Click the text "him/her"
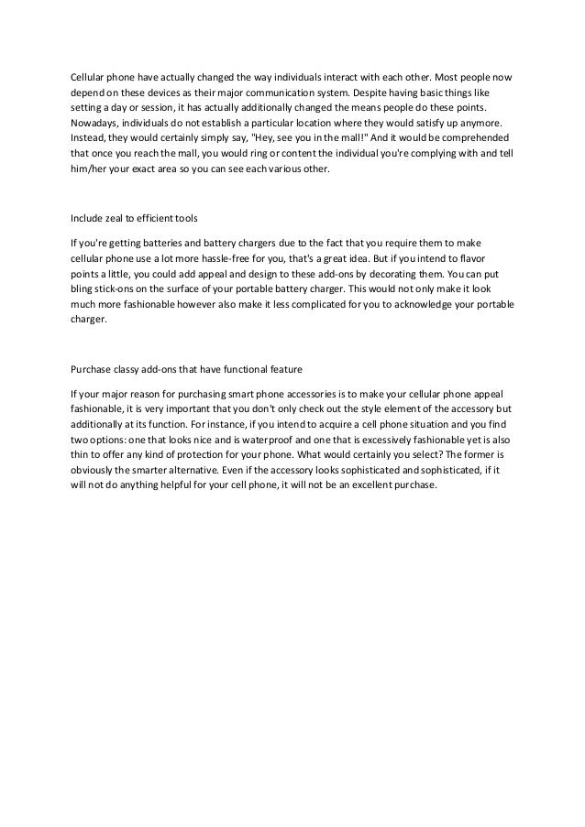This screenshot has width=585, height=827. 88,169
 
